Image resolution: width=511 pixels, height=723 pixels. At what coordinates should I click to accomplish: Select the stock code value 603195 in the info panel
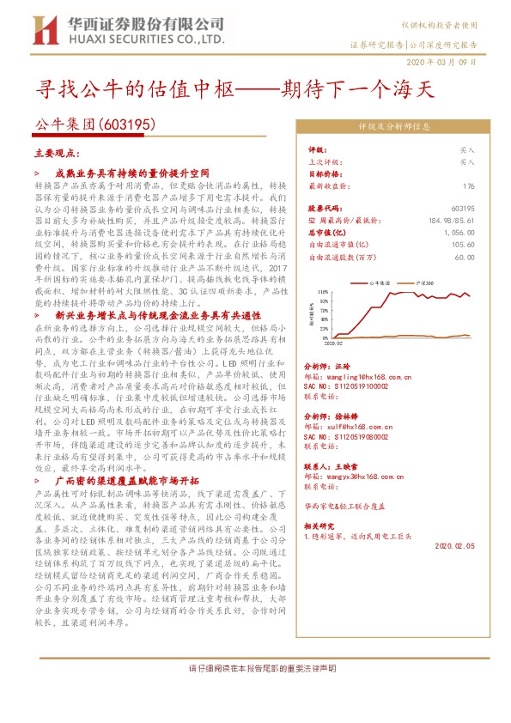coord(462,209)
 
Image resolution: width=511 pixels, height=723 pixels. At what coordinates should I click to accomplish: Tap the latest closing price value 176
coord(468,186)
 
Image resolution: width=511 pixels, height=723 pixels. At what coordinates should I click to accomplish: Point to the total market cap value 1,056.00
coord(458,232)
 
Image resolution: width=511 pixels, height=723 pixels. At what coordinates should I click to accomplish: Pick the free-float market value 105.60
coord(463,244)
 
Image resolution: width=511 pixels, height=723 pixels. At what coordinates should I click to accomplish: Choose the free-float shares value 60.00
coord(465,256)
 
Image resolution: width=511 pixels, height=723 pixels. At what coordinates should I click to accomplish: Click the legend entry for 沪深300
coord(423,282)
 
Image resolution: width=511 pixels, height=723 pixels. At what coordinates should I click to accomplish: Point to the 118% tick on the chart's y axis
coord(323,292)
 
